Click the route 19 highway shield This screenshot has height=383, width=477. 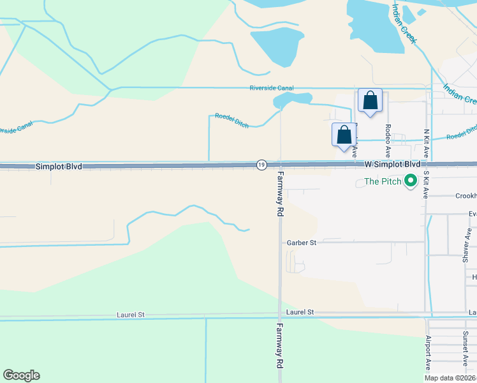(x=261, y=165)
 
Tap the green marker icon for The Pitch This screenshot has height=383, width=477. (x=411, y=182)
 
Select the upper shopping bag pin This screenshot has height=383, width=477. (x=370, y=101)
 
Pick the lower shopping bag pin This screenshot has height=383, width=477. (x=344, y=135)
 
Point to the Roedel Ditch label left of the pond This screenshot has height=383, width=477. (x=231, y=121)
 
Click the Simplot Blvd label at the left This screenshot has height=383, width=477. (x=59, y=166)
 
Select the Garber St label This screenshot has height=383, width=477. (x=302, y=243)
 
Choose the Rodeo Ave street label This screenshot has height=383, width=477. (x=388, y=140)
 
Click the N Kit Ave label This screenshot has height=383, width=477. (x=425, y=144)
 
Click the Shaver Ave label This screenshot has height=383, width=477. (x=467, y=246)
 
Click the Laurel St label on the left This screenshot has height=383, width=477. (x=131, y=315)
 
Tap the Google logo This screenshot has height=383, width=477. (x=21, y=375)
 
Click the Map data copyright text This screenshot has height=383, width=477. (x=450, y=378)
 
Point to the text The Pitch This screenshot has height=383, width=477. (x=383, y=182)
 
